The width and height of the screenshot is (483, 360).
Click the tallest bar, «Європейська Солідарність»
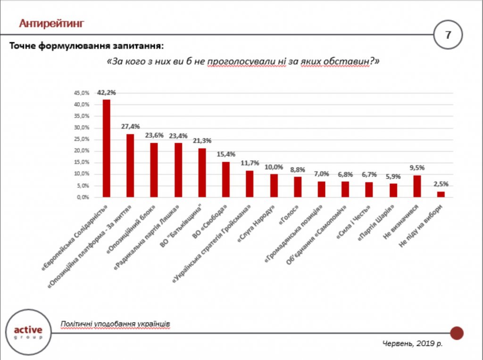[x=107, y=148]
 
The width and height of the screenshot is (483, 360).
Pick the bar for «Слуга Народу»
[x=274, y=186]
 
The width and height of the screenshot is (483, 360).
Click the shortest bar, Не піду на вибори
[x=441, y=194]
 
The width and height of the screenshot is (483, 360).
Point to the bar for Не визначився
[x=417, y=186]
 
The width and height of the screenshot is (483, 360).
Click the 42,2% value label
[x=107, y=93]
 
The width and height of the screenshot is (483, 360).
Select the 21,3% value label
[x=202, y=141]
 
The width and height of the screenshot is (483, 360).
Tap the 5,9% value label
[x=393, y=177]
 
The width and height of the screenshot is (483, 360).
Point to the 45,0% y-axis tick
[x=81, y=93]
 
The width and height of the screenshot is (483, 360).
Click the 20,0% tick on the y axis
[x=81, y=151]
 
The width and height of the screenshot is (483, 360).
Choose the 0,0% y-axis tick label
[x=83, y=197]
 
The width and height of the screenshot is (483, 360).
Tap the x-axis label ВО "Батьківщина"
[x=190, y=221]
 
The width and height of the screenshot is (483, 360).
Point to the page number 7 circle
[x=448, y=35]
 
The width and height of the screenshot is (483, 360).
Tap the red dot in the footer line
[x=457, y=333]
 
